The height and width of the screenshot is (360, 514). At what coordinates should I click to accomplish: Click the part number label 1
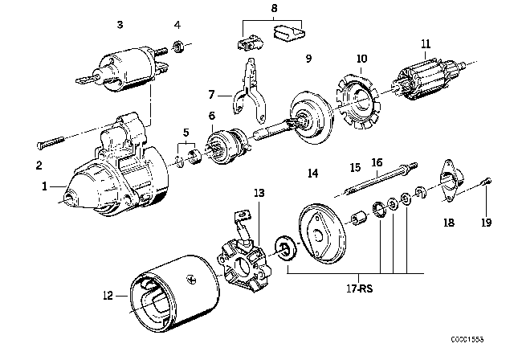point(45,186)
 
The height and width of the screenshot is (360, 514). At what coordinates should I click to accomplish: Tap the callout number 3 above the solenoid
point(119,26)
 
